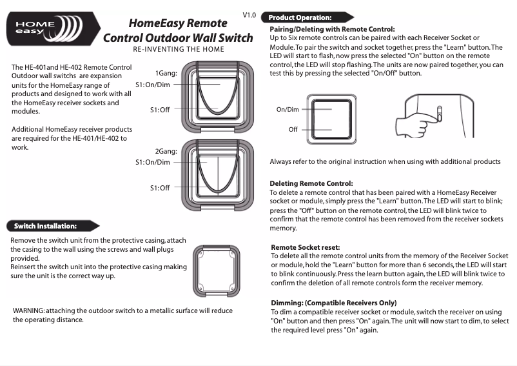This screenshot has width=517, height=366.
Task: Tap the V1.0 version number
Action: coord(249,14)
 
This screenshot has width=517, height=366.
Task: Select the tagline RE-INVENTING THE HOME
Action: coord(179,50)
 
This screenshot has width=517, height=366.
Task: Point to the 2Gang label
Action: coord(166,151)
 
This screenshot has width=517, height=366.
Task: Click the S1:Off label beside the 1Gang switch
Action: coord(160,110)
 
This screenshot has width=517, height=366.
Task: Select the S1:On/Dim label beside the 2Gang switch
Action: coord(153,162)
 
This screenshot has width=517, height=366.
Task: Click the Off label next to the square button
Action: coord(293,130)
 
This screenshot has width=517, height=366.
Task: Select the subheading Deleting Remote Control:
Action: coord(311,183)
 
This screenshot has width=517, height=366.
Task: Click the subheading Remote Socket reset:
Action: coord(306,247)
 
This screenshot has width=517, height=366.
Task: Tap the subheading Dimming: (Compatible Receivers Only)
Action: coord(334,303)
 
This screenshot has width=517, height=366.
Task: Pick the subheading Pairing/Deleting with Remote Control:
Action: coord(332,29)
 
